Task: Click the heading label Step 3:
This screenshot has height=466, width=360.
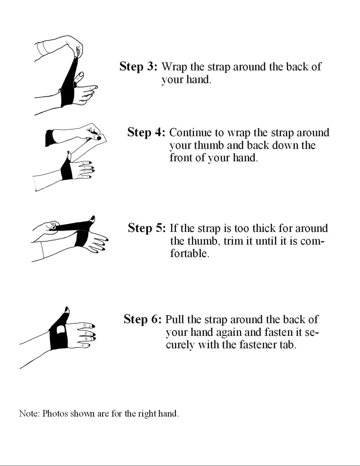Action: (138, 67)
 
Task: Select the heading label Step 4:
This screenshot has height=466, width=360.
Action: (147, 132)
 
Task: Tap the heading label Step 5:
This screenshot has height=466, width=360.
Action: (147, 228)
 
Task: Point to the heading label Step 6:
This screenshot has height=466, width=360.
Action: (142, 320)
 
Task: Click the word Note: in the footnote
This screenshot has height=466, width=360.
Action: (29, 414)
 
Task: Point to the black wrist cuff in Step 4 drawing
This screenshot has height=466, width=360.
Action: (49, 138)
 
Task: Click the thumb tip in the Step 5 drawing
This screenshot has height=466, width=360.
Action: (93, 219)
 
